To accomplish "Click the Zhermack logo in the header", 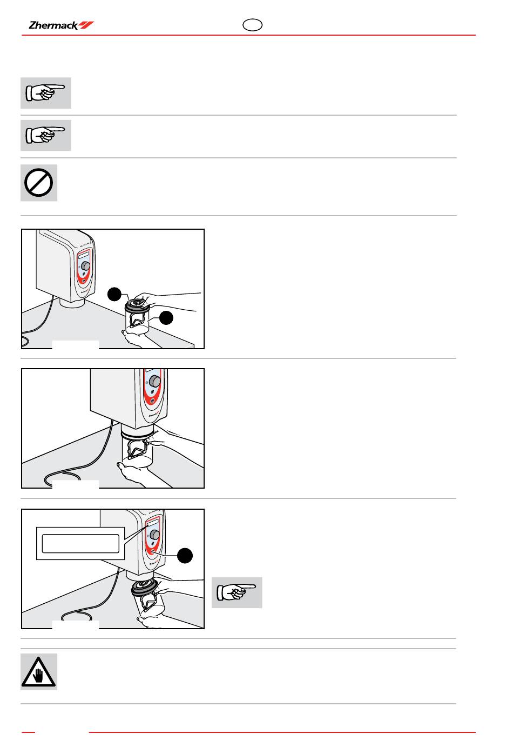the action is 61,25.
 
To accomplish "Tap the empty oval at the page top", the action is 252,25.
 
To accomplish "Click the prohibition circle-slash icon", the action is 39,183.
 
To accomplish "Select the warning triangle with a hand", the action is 39,671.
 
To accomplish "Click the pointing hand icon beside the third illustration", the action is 237,592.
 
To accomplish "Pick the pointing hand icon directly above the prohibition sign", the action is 45,136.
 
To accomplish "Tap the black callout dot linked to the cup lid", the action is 114,295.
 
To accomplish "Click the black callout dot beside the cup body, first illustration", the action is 166,318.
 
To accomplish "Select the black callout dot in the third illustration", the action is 185,556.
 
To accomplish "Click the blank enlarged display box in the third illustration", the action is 80,543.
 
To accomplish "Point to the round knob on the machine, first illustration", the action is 85,265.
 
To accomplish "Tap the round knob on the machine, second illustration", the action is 155,381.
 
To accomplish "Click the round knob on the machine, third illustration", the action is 154,535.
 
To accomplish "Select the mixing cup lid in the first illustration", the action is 137,304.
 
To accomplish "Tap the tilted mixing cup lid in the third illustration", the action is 144,588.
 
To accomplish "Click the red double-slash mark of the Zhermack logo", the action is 86,25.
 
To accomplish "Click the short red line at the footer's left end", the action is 28,732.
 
